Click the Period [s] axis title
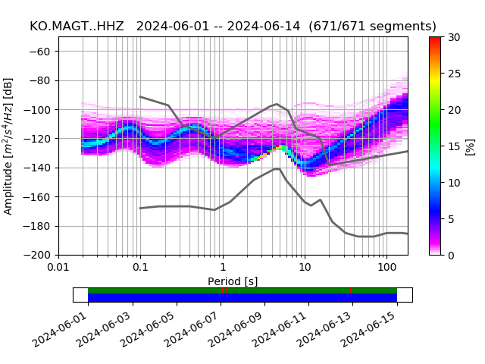[233, 281]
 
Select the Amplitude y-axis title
[9, 146]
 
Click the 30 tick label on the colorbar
[453, 37]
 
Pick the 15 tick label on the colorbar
[453, 146]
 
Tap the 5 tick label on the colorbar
[451, 219]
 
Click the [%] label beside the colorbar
[470, 146]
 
